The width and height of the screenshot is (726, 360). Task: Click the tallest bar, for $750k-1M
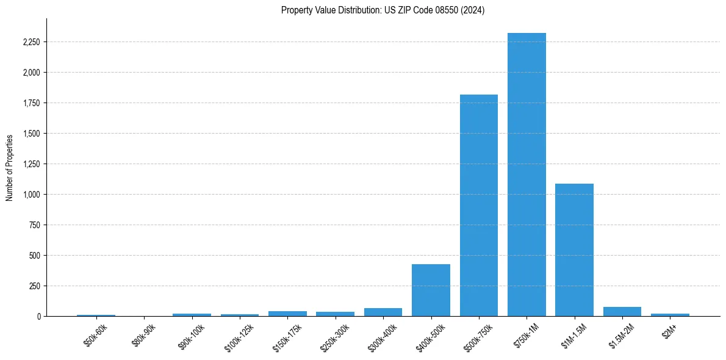coord(527,175)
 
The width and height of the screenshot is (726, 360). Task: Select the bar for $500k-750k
coord(479,205)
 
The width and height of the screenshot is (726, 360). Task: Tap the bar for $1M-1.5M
coord(574,250)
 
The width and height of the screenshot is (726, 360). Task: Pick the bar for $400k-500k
coord(431,290)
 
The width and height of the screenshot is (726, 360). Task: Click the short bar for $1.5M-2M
coord(622,311)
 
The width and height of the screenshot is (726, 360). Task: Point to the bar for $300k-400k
coord(383,312)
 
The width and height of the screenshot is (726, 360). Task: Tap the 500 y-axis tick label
coord(34,256)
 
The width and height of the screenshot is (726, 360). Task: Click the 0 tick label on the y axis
coord(38,317)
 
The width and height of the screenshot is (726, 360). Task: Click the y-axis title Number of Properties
coord(9,167)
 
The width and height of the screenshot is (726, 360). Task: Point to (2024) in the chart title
coord(472,10)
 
